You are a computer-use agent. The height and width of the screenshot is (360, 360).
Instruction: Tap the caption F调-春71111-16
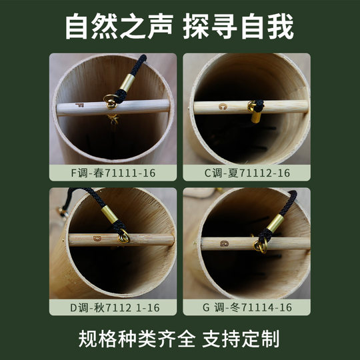tap(113, 173)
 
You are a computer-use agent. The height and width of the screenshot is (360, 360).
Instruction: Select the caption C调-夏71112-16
tap(247, 173)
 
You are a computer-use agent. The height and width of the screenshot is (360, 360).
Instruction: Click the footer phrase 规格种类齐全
tap(127, 337)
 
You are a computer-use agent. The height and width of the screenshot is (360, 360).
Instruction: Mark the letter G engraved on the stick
tap(225, 243)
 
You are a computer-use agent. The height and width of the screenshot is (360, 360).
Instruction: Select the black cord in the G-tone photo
tap(287, 203)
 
